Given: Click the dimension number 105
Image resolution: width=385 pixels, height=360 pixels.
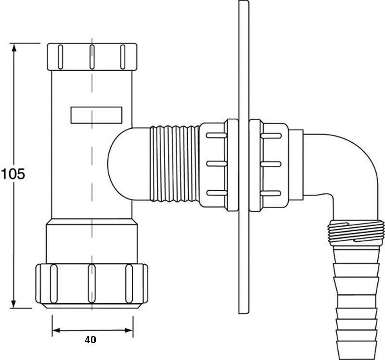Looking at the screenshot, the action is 12,174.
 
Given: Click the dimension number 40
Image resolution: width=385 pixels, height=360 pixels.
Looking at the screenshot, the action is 90,339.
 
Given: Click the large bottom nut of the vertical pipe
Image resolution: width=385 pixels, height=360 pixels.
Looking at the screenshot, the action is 91,285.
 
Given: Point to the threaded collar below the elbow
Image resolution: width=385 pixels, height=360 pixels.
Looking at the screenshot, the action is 356,233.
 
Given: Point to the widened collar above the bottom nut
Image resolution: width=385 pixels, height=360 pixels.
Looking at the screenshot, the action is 91,240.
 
